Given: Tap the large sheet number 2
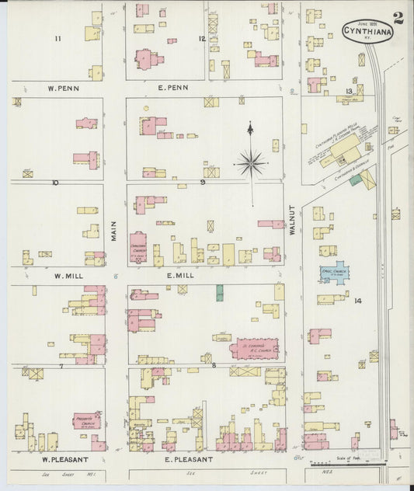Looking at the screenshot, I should [x=398, y=18].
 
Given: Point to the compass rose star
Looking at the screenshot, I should [x=250, y=163].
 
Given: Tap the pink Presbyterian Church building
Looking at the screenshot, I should [x=87, y=420].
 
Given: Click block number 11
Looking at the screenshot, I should [x=57, y=37].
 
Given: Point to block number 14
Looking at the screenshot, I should [x=358, y=300].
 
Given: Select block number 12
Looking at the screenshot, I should [x=202, y=38].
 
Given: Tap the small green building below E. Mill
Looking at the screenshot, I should [x=220, y=293].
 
